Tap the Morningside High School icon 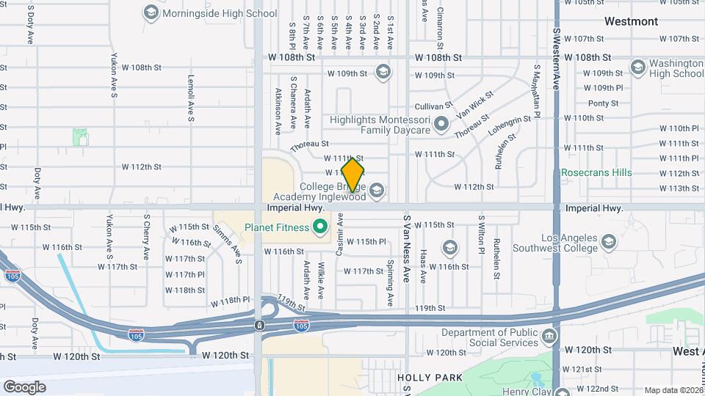[x=151, y=12]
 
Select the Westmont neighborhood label [x=631, y=21]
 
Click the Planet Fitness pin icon [x=319, y=227]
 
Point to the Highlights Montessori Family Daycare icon [x=441, y=125]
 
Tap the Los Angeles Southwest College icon [x=608, y=241]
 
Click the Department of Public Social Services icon [x=548, y=337]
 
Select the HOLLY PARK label [x=430, y=378]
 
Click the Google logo [x=24, y=386]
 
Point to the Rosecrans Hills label [x=596, y=173]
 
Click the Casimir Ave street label [x=340, y=235]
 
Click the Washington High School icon [x=637, y=68]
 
